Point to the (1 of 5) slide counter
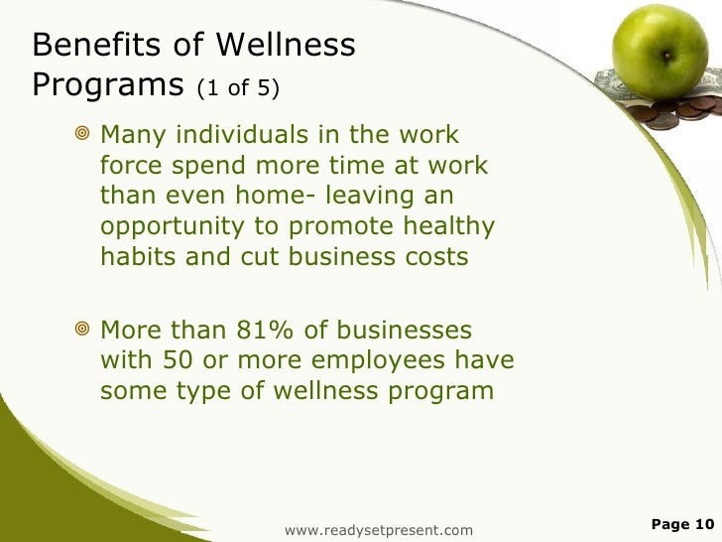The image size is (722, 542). tap(238, 90)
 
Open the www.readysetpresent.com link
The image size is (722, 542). tap(378, 531)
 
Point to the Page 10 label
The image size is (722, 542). tap(682, 524)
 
